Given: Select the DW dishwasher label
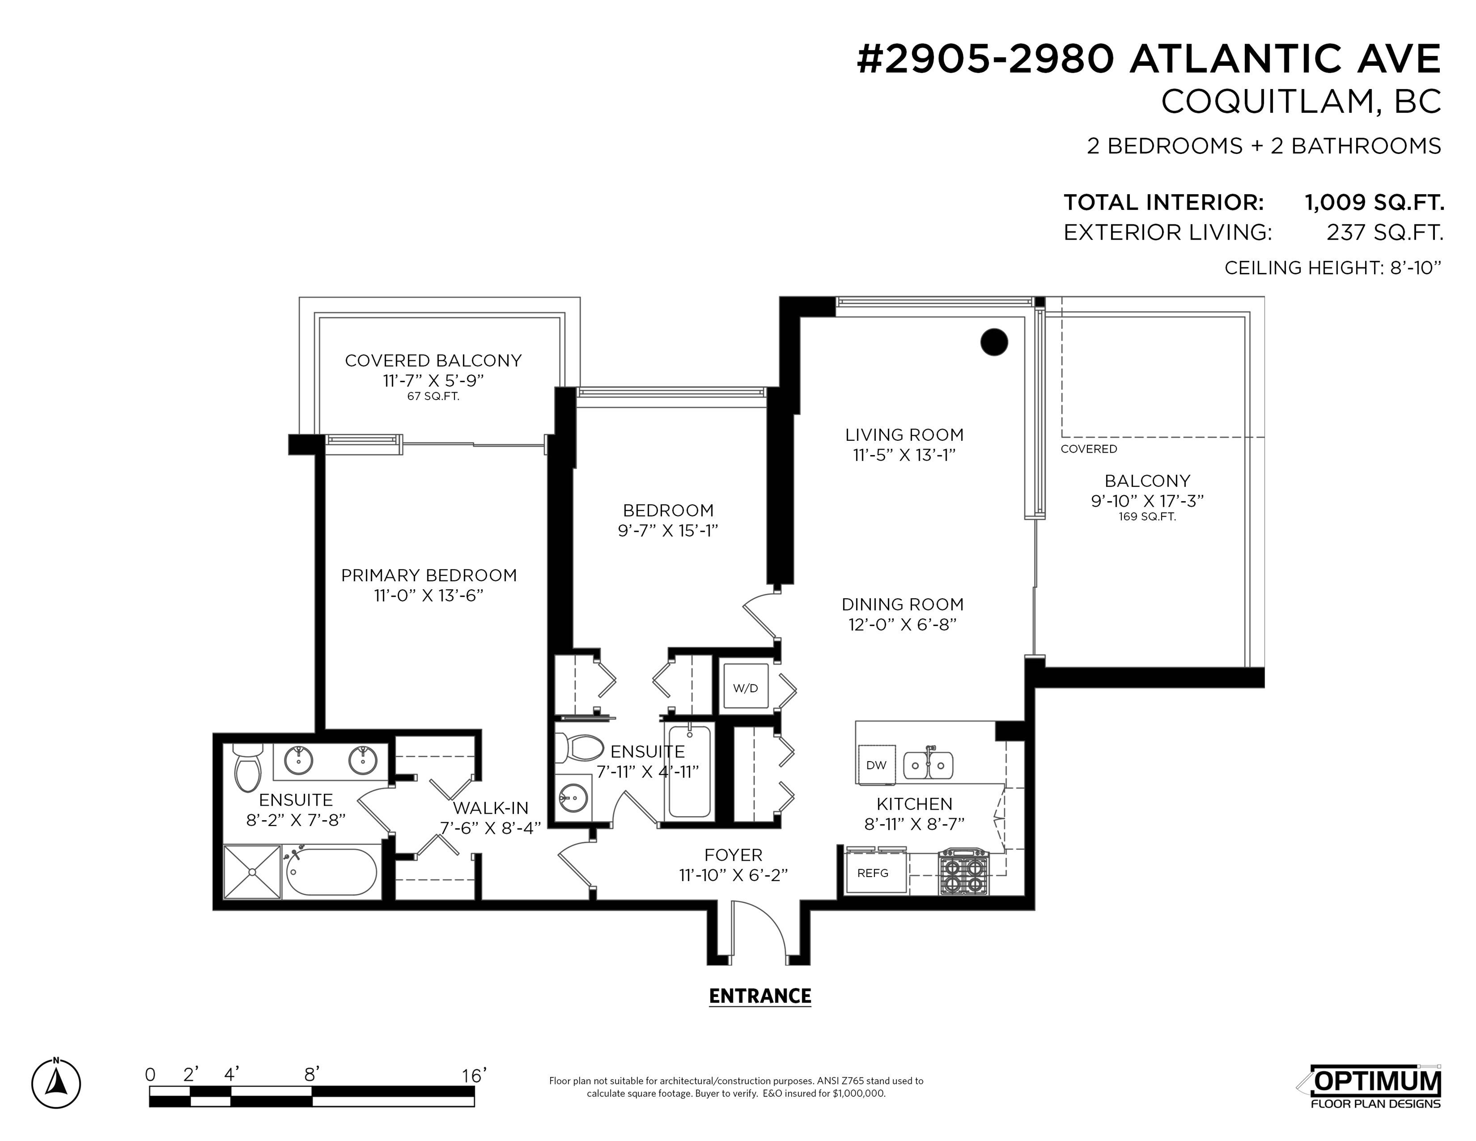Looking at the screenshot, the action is pyautogui.click(x=876, y=765).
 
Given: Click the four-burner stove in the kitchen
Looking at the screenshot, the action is pyautogui.click(x=964, y=873).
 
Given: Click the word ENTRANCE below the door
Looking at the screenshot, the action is pyautogui.click(x=760, y=996).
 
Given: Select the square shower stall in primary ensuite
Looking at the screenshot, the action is pyautogui.click(x=252, y=872).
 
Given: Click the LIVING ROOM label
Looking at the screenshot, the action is pyautogui.click(x=904, y=435).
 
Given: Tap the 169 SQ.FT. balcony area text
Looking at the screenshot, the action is pyautogui.click(x=1147, y=517).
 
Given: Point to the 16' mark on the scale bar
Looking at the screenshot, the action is pyautogui.click(x=474, y=1075).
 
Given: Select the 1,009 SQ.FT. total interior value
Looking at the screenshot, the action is pyautogui.click(x=1374, y=202).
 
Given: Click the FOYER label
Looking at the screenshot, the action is pyautogui.click(x=733, y=855).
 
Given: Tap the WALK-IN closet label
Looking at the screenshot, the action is pyautogui.click(x=490, y=808).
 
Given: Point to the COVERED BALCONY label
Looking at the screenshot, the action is pyautogui.click(x=433, y=361).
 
